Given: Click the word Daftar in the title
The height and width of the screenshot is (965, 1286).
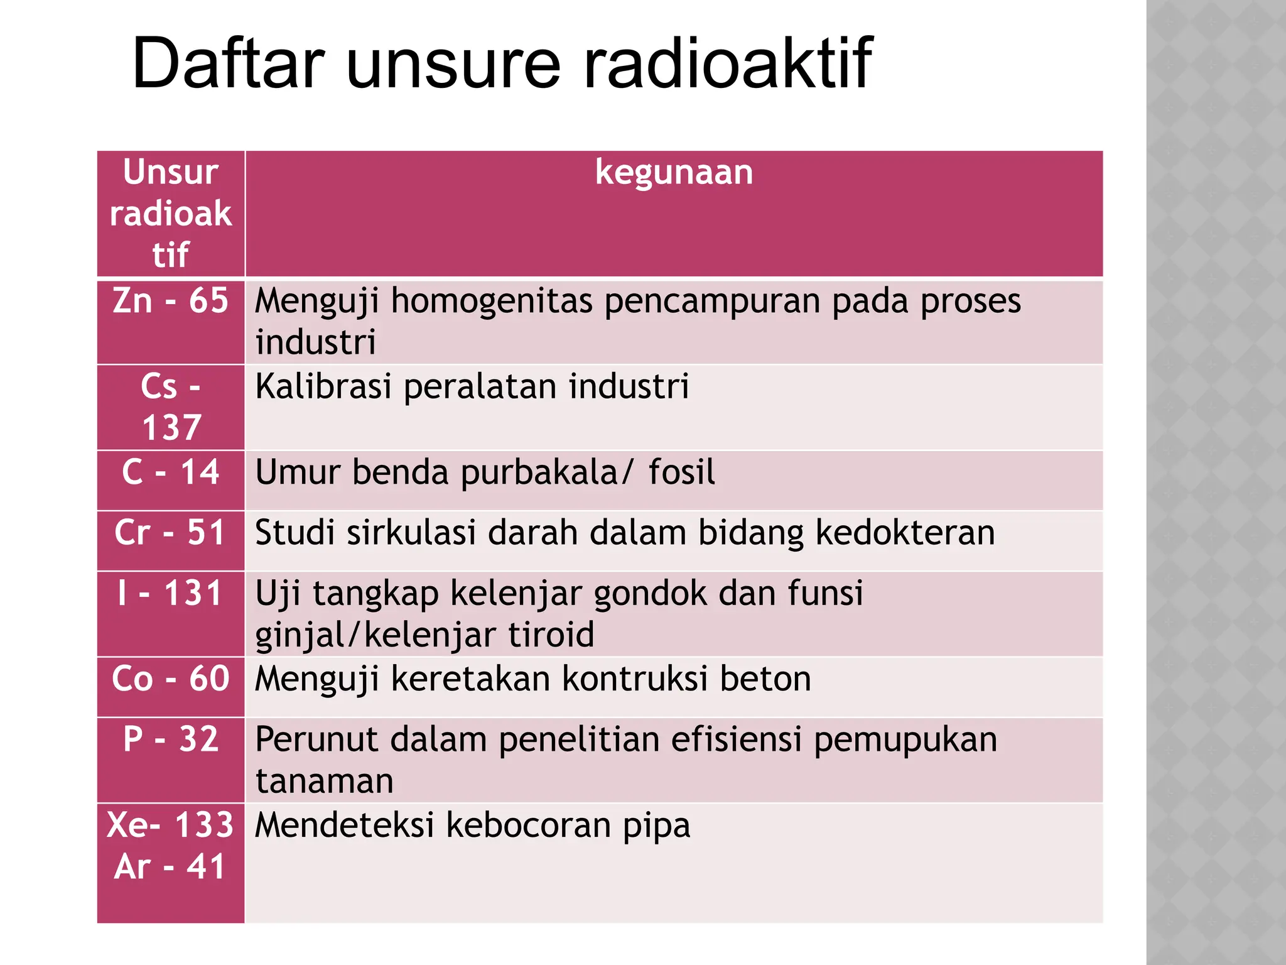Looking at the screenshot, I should pos(229,63).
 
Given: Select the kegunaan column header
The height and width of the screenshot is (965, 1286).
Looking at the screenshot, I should pos(674,172).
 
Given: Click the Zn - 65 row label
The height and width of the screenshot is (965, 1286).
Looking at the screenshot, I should pos(170,301).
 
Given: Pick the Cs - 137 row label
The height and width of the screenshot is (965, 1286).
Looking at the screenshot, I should pos(170,406).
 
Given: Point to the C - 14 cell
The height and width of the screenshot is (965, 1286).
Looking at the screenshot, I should pos(170,472).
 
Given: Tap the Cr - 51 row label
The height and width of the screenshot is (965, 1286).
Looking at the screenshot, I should pos(170,533).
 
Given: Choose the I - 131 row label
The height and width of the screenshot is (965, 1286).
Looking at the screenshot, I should pos(170,593).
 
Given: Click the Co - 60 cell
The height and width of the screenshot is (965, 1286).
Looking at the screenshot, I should pos(170,679).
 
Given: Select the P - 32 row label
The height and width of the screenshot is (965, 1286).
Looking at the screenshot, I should pos(170,739).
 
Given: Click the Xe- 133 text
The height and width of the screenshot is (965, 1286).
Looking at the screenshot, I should pos(170,825).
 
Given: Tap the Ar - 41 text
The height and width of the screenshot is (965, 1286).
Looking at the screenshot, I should pos(170,867).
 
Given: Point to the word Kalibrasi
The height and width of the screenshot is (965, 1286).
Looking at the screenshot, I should pos(323,386).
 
